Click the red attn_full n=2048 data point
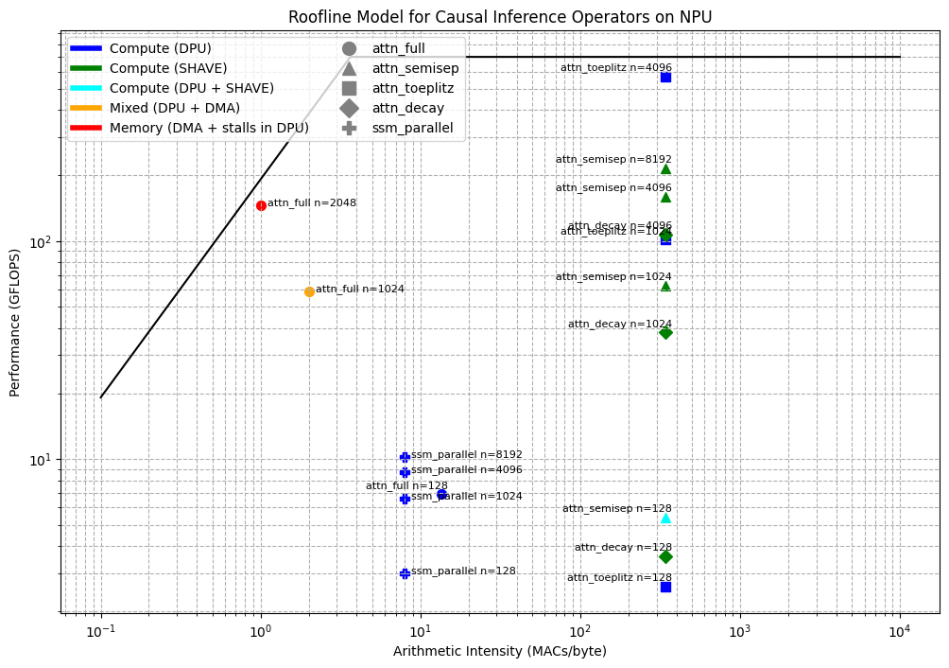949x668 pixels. tap(261, 205)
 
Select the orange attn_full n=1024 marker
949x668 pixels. tap(309, 291)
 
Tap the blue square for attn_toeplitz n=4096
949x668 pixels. tap(665, 77)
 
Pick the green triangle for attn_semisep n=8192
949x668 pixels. tap(665, 168)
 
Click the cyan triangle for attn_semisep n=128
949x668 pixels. tap(665, 518)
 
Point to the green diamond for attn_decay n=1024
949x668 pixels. tap(665, 332)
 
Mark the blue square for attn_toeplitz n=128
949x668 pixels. tap(665, 587)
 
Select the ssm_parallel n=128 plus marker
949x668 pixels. tap(405, 573)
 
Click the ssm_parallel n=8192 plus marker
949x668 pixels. tap(405, 457)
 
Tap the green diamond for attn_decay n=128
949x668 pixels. tap(665, 556)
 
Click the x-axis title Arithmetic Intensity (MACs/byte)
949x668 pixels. tap(500, 651)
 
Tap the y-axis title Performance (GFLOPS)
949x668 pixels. tap(15, 322)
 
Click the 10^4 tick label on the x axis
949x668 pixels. tap(899, 632)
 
